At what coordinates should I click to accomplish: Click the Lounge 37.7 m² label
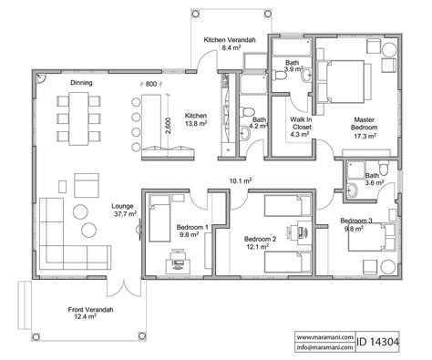(123, 210)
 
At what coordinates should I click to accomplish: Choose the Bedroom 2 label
(260, 242)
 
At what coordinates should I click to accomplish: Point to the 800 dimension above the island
(151, 84)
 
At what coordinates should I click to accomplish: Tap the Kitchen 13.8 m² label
(196, 120)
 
